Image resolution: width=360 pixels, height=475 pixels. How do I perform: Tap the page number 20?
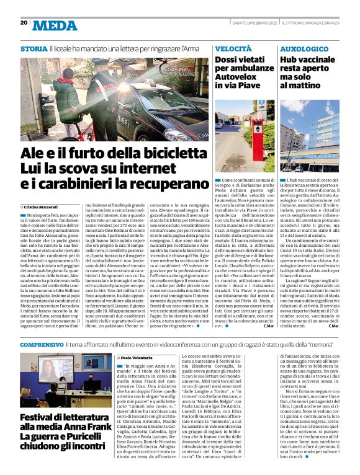click(x=24, y=23)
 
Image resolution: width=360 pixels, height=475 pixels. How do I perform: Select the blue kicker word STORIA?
click(x=33, y=48)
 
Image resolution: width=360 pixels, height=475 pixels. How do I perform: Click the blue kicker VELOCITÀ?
click(x=233, y=48)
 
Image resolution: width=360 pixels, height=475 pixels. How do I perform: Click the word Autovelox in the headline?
click(x=238, y=80)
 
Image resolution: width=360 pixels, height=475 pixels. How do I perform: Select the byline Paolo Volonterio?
click(x=140, y=358)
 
